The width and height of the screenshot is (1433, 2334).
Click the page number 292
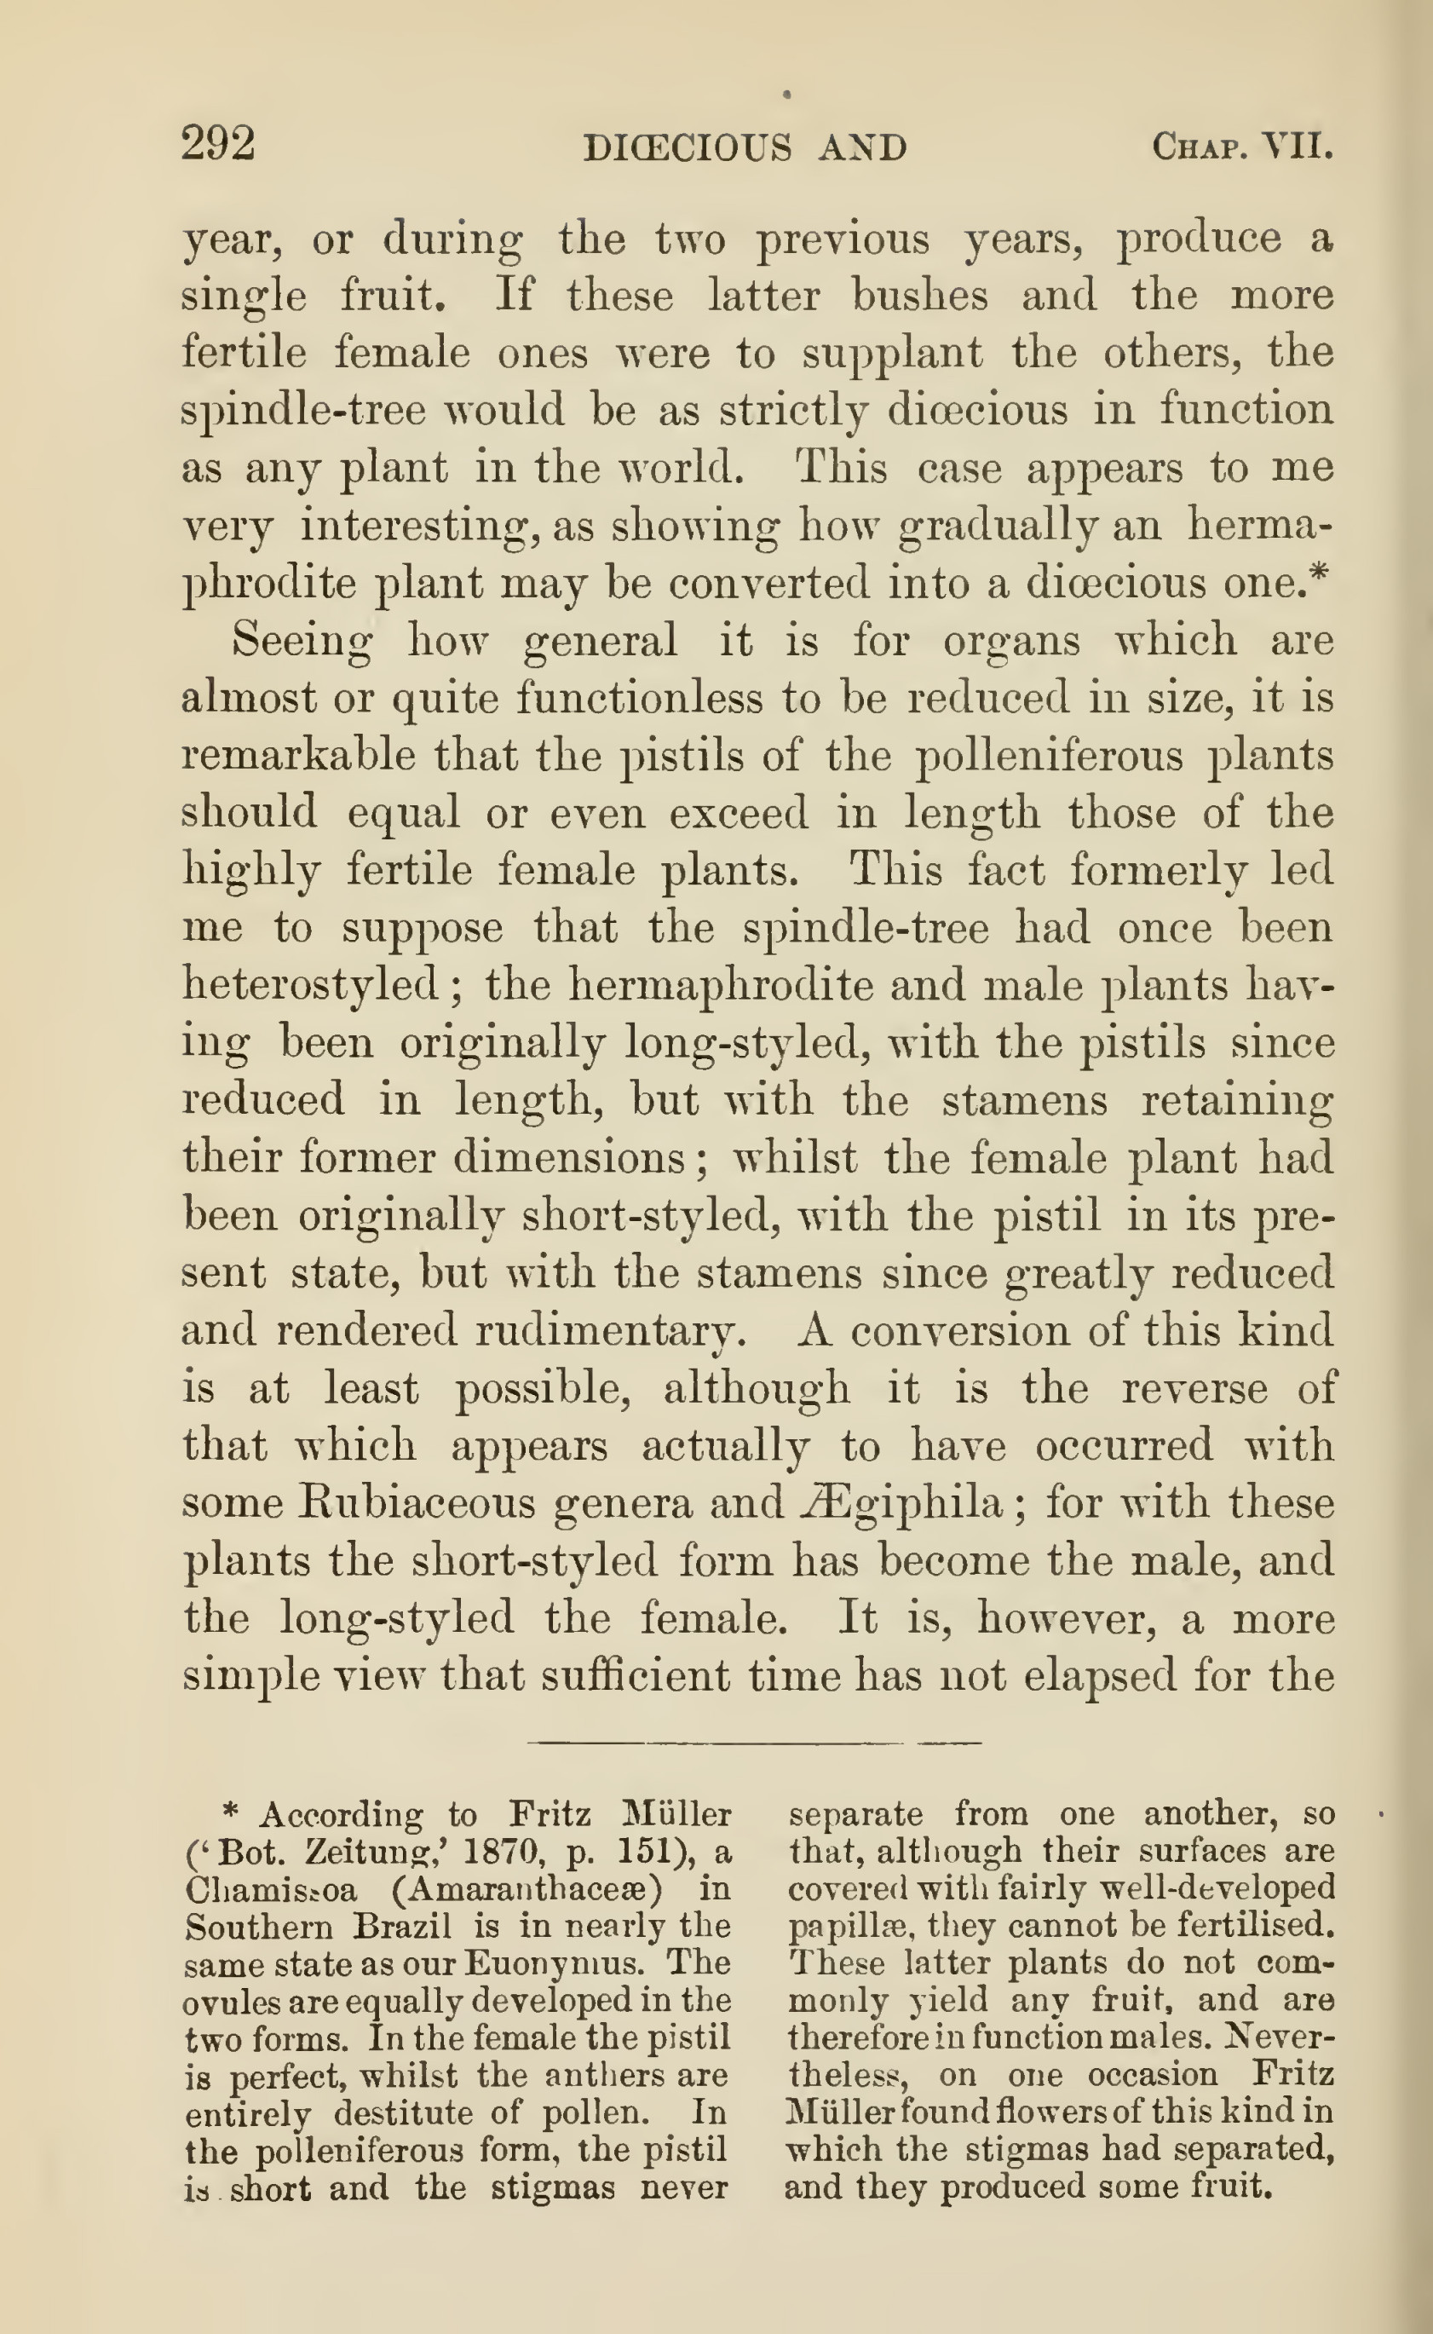click(218, 144)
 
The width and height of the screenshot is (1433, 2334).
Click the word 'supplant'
click(892, 354)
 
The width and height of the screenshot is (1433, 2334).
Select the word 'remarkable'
click(298, 757)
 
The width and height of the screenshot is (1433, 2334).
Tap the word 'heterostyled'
click(309, 986)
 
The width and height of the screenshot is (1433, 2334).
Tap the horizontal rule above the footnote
click(753, 1743)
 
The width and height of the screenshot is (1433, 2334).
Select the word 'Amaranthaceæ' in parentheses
click(527, 1890)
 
